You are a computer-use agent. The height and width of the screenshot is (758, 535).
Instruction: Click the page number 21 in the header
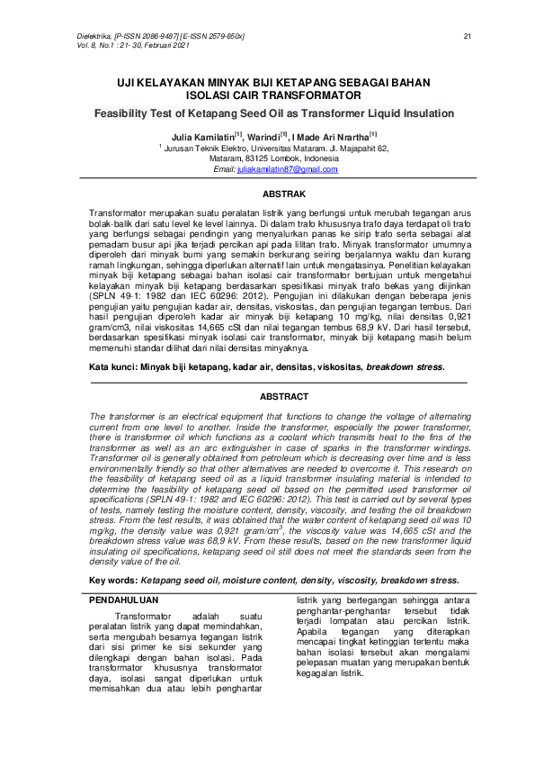tap(467, 36)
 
